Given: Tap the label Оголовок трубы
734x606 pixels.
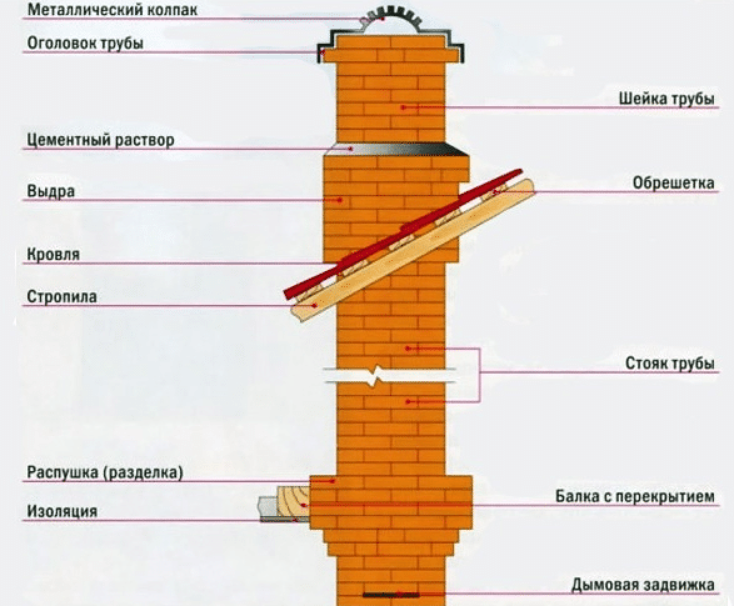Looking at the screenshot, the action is [x=85, y=43].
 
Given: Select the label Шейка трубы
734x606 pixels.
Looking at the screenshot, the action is [x=666, y=99].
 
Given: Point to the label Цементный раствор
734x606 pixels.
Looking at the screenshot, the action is [x=100, y=140].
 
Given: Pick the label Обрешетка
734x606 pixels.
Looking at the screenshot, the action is [x=673, y=183].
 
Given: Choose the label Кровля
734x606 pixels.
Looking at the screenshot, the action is [x=53, y=254].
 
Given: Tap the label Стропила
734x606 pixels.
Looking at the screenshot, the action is [x=62, y=297].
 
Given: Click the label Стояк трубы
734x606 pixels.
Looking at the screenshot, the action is [x=670, y=364].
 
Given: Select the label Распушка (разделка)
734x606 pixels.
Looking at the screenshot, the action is [x=105, y=472].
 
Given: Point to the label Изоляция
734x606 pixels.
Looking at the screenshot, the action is [x=62, y=511].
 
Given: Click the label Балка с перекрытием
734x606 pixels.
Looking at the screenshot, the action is [x=635, y=496].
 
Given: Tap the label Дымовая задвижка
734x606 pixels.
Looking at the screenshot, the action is [x=643, y=585].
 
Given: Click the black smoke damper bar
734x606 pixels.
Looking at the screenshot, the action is [x=391, y=595].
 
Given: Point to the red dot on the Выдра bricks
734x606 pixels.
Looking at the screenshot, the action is [x=340, y=200].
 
